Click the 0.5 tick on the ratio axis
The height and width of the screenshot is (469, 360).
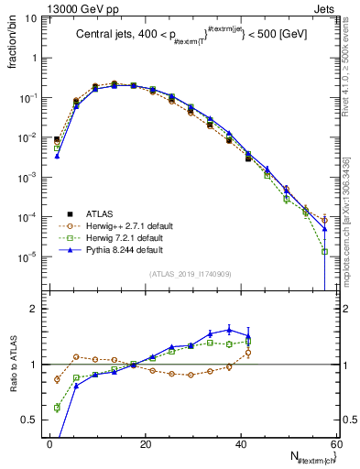pos(32,420)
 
